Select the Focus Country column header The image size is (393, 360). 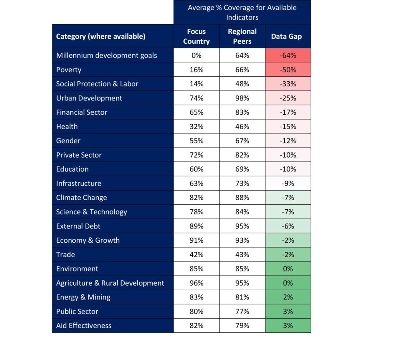(196, 36)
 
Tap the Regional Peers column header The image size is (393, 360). (242, 36)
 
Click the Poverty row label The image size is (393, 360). (69, 70)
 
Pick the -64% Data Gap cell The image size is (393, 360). (288, 55)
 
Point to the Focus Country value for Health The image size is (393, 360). (196, 127)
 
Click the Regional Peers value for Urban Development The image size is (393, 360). (242, 98)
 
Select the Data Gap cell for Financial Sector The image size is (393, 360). (288, 112)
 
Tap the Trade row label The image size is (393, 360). (66, 255)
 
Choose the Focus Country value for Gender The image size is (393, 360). (196, 141)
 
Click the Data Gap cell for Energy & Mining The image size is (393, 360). (288, 297)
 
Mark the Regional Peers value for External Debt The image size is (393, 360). (242, 226)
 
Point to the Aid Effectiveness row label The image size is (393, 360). (84, 325)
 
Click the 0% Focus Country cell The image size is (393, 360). (196, 55)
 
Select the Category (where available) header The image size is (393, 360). (101, 36)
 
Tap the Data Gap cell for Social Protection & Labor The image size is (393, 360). (288, 84)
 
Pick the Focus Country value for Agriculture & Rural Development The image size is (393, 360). (196, 283)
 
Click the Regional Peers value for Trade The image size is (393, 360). (242, 255)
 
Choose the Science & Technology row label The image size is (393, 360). (91, 212)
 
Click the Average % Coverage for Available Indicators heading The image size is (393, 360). (242, 12)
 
